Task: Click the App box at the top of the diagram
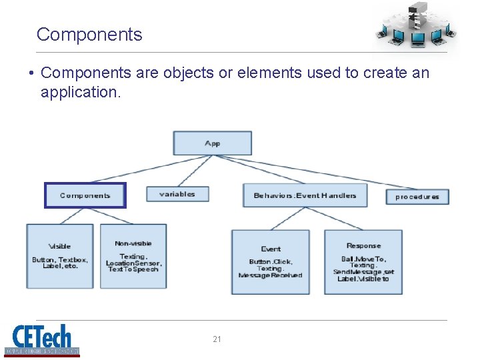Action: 212,143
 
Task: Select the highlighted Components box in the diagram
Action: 85,195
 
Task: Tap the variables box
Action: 177,194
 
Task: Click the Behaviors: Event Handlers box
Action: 305,195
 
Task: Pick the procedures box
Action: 417,197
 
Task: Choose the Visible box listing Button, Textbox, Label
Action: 59,256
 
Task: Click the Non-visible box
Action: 133,256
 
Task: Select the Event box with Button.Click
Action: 271,262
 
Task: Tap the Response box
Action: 363,262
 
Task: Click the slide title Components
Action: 89,35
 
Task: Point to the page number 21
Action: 217,339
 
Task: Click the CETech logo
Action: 42,339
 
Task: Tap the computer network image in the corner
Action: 415,27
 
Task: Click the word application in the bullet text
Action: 81,92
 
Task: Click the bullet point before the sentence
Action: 31,73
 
